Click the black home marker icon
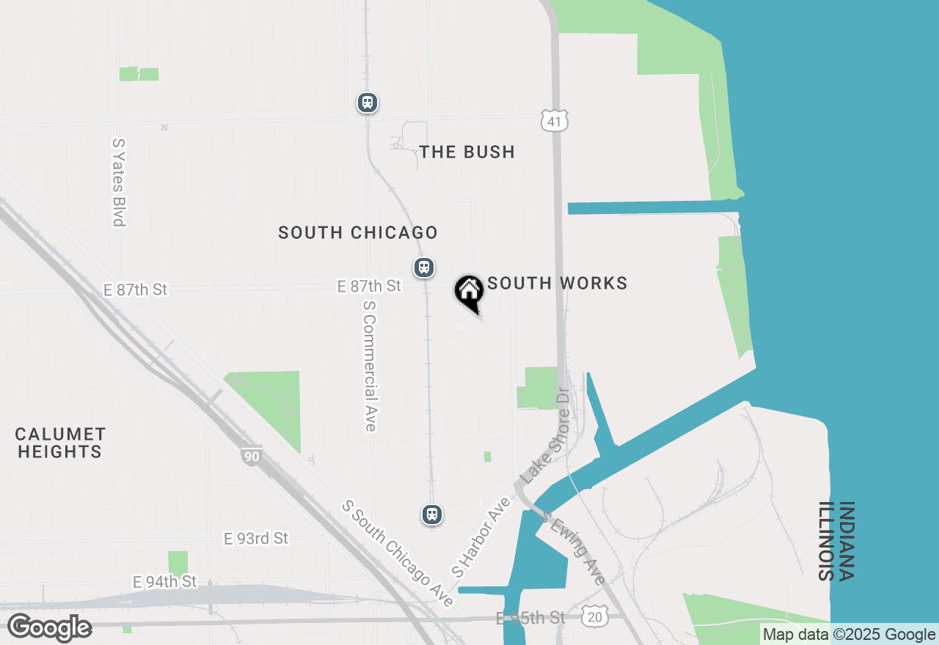[469, 291]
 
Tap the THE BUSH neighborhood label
[467, 152]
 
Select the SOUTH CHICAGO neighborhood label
[358, 232]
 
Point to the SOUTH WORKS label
[558, 284]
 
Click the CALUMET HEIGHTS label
[60, 443]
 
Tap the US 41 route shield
[555, 122]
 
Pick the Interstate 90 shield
[252, 457]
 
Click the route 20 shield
[594, 617]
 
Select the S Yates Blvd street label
[119, 183]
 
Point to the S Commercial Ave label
[370, 365]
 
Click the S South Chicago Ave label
[398, 553]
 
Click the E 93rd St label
[256, 538]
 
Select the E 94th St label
[165, 581]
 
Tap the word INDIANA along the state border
[846, 541]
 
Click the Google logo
[49, 628]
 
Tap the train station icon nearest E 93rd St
[432, 515]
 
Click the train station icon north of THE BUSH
[368, 103]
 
